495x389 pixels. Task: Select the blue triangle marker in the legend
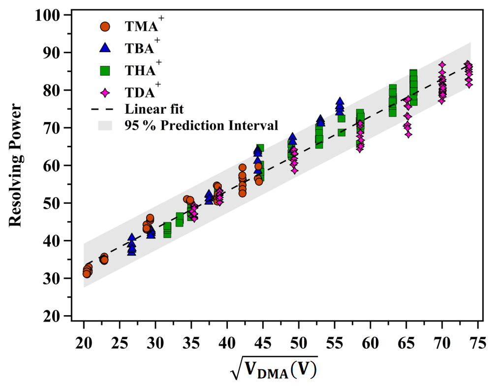pyautogui.click(x=105, y=48)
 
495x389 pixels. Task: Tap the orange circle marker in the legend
pyautogui.click(x=105, y=27)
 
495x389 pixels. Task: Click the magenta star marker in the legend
pyautogui.click(x=105, y=92)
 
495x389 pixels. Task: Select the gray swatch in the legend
pyautogui.click(x=105, y=126)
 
